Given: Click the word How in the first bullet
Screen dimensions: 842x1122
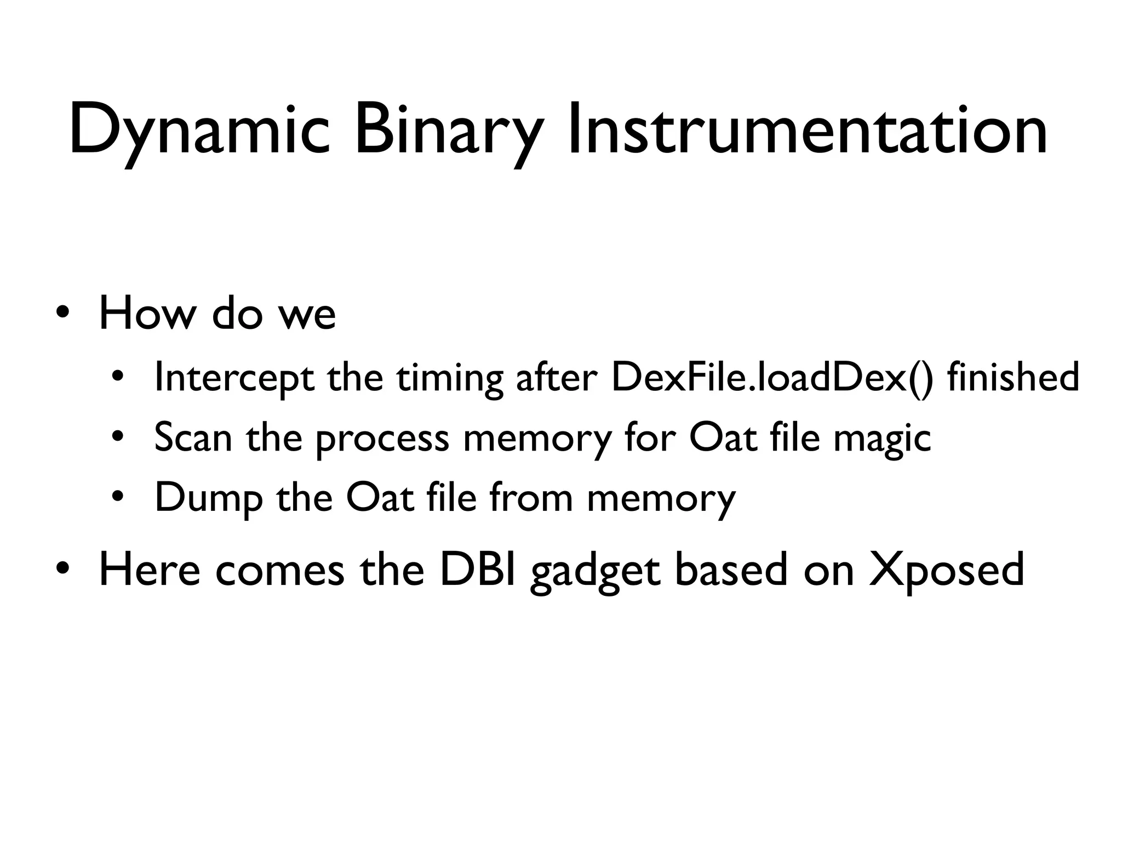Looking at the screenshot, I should [x=147, y=314].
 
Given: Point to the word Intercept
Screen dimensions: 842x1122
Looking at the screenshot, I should [x=234, y=378].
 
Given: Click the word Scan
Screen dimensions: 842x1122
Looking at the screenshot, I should [x=193, y=438].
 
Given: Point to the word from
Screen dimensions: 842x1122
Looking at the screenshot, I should [x=531, y=498].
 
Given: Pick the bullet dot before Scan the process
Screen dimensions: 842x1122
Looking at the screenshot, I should [x=118, y=438].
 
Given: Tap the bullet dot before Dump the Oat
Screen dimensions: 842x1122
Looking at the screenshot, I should [x=118, y=498].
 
